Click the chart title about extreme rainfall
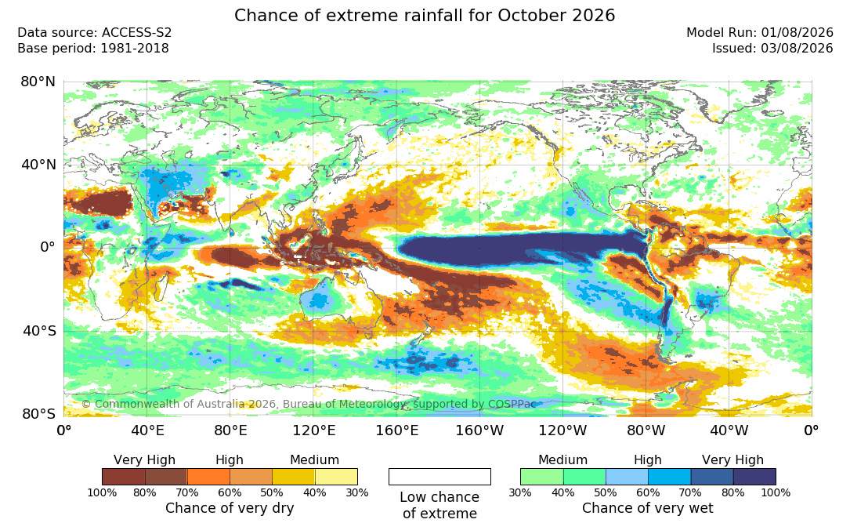pos(425,15)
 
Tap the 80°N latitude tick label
pos(38,82)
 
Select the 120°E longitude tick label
pos(314,430)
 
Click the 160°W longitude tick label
pos(479,430)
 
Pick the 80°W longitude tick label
pos(646,430)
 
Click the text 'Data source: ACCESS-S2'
pos(94,33)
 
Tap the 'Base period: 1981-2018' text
pos(92,49)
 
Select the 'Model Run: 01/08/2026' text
pos(759,33)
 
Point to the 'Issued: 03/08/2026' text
pos(772,49)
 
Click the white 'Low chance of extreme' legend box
pos(439,477)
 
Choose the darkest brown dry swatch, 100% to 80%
pos(124,477)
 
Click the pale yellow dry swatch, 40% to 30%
pos(336,477)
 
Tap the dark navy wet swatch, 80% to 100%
pos(754,477)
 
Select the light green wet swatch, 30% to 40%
pos(542,477)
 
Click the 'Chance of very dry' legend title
pos(230,508)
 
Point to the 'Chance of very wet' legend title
pos(648,508)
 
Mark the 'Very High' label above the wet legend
pos(733,460)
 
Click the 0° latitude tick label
pos(48,248)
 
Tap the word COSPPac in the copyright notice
pos(513,404)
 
